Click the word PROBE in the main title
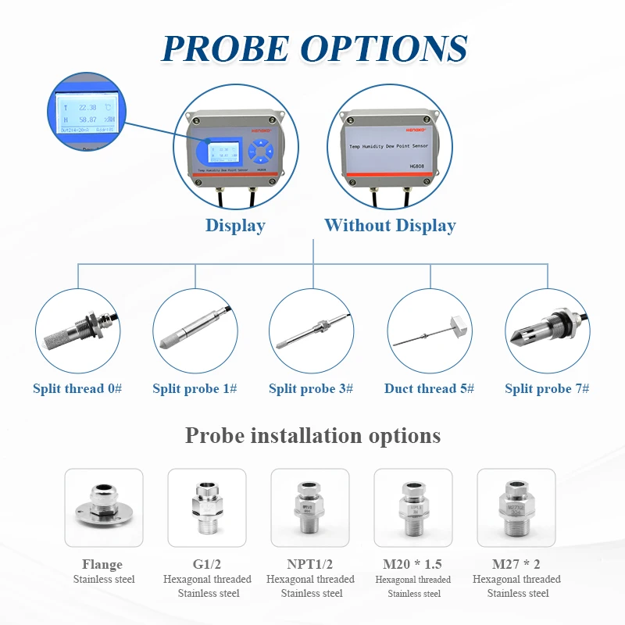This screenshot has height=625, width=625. [x=226, y=48]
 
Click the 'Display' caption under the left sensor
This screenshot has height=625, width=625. [x=235, y=226]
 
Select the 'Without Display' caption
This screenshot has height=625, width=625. [x=390, y=226]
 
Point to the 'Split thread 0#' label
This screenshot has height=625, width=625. [x=77, y=388]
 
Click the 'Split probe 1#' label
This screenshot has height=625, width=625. [x=195, y=388]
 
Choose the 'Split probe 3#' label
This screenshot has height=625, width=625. [x=311, y=388]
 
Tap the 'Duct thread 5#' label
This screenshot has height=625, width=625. [x=429, y=388]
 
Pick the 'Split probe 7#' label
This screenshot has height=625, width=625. [x=547, y=388]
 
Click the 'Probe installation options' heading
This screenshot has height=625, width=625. [x=312, y=435]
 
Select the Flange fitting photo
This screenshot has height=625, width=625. [x=104, y=507]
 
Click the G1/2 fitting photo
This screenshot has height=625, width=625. [x=207, y=507]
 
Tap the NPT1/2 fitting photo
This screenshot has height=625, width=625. [x=310, y=507]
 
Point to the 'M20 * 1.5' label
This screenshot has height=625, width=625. [x=413, y=564]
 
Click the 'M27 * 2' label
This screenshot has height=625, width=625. [x=516, y=564]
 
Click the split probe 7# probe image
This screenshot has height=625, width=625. [x=546, y=328]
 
